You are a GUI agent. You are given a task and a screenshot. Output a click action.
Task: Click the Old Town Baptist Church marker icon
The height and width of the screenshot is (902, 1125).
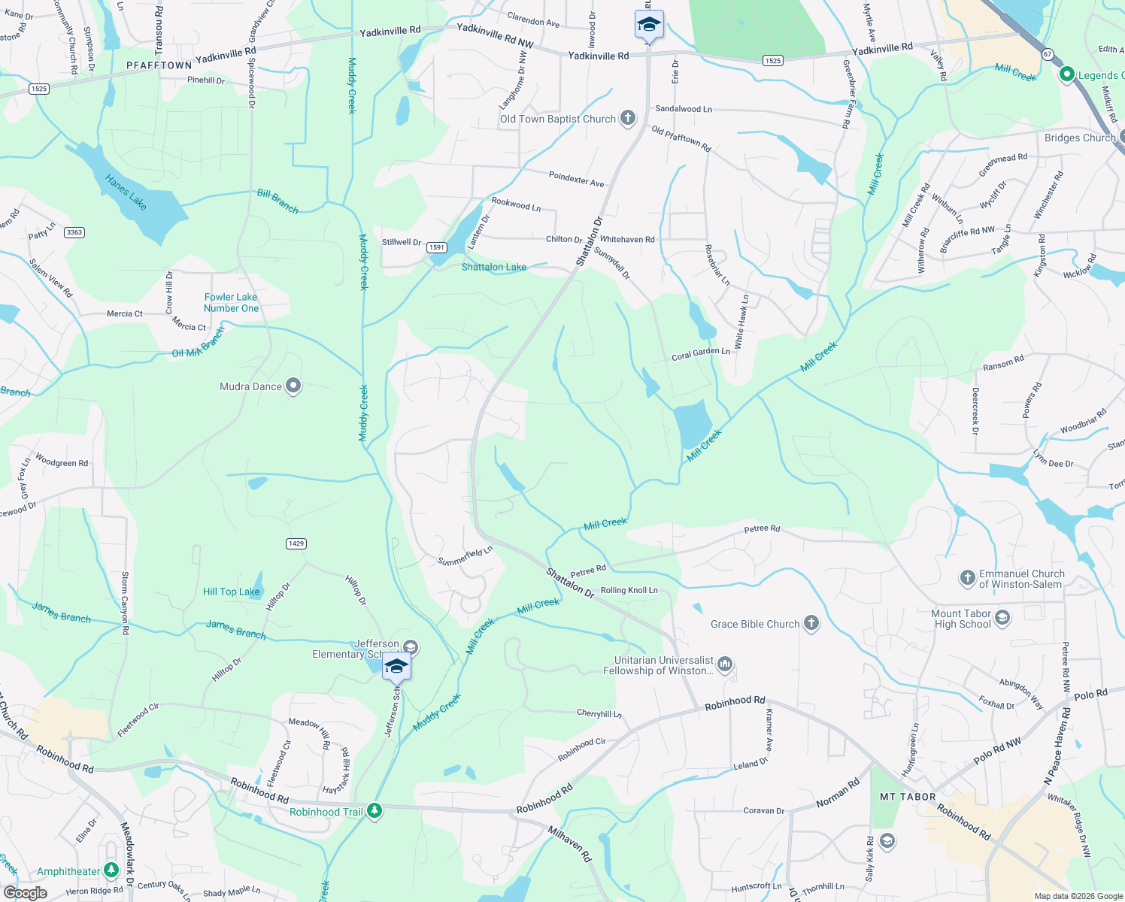[628, 119]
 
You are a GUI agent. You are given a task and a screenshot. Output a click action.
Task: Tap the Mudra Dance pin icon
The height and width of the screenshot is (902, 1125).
[293, 386]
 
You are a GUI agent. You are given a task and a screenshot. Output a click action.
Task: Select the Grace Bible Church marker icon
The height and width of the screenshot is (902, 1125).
[811, 623]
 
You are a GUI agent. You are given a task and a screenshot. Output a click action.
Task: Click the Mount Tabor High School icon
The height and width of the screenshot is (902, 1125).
[1002, 618]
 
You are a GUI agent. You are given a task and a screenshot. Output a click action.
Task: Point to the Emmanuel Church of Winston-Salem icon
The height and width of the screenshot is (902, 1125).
[968, 578]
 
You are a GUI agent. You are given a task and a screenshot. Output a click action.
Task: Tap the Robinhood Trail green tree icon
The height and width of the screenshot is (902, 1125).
[374, 811]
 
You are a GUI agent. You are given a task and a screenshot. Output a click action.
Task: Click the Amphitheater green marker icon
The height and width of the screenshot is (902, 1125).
[111, 870]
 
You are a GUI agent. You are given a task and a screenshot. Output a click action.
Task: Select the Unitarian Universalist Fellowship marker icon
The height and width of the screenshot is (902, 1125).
[725, 664]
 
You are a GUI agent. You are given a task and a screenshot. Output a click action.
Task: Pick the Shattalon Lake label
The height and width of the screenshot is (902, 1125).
[494, 267]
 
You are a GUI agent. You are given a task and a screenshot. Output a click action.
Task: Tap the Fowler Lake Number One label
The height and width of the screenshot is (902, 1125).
[231, 303]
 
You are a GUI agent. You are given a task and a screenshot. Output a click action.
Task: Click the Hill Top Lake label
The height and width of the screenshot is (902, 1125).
[231, 592]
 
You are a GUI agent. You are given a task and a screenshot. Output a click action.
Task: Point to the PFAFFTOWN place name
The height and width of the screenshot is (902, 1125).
[159, 65]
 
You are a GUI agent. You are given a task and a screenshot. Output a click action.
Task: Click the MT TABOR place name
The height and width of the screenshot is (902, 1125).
[908, 797]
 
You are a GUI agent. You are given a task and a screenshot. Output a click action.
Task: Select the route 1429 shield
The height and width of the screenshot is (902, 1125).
[296, 543]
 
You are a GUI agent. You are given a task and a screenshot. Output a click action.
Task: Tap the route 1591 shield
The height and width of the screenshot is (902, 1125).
[437, 247]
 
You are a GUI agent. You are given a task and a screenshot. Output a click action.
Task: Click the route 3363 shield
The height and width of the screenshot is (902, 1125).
[74, 232]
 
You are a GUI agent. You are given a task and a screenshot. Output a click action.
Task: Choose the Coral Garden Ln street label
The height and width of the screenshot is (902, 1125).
[701, 353]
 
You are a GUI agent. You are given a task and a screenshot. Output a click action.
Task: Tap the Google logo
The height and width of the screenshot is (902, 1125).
[25, 893]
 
